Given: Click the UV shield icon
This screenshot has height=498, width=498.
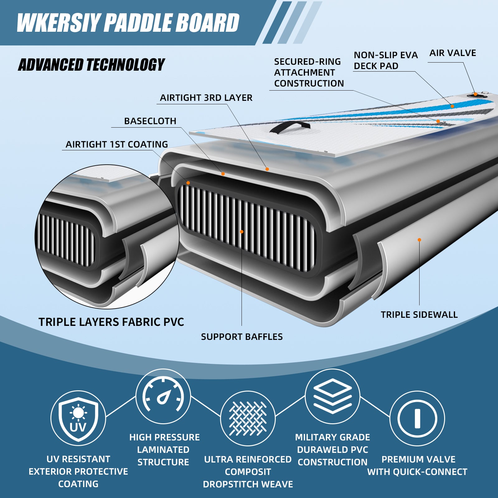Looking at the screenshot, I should pos(78,418).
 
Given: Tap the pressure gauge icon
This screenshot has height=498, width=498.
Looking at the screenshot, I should pos(163,396).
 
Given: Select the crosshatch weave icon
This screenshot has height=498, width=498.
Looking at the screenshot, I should pos(248,418).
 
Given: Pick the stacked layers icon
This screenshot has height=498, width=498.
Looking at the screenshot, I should pos(332,396).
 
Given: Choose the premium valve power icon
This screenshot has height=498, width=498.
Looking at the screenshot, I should pos(417,418).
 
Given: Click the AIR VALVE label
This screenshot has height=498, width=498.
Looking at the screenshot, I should pos(453,53).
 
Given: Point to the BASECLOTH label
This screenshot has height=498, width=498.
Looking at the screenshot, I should pos(150,121).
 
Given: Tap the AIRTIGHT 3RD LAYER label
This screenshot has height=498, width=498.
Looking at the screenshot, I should pos(206,98).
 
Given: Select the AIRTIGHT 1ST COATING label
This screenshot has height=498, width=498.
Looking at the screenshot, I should pos(117,144).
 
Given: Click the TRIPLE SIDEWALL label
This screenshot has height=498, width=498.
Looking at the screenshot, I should pos(419,315).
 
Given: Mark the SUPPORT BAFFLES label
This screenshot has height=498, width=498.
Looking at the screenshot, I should pos(242,337).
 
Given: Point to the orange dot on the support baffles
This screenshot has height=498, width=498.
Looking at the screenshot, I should pos(242,232).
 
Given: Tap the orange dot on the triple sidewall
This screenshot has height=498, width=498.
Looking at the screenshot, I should pos(419,240).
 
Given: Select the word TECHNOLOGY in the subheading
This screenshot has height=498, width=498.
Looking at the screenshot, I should pos(125,65).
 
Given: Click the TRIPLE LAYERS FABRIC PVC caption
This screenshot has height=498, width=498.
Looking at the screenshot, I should pos(111,322).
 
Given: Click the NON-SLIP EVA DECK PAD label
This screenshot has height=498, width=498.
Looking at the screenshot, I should pos(385,60).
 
